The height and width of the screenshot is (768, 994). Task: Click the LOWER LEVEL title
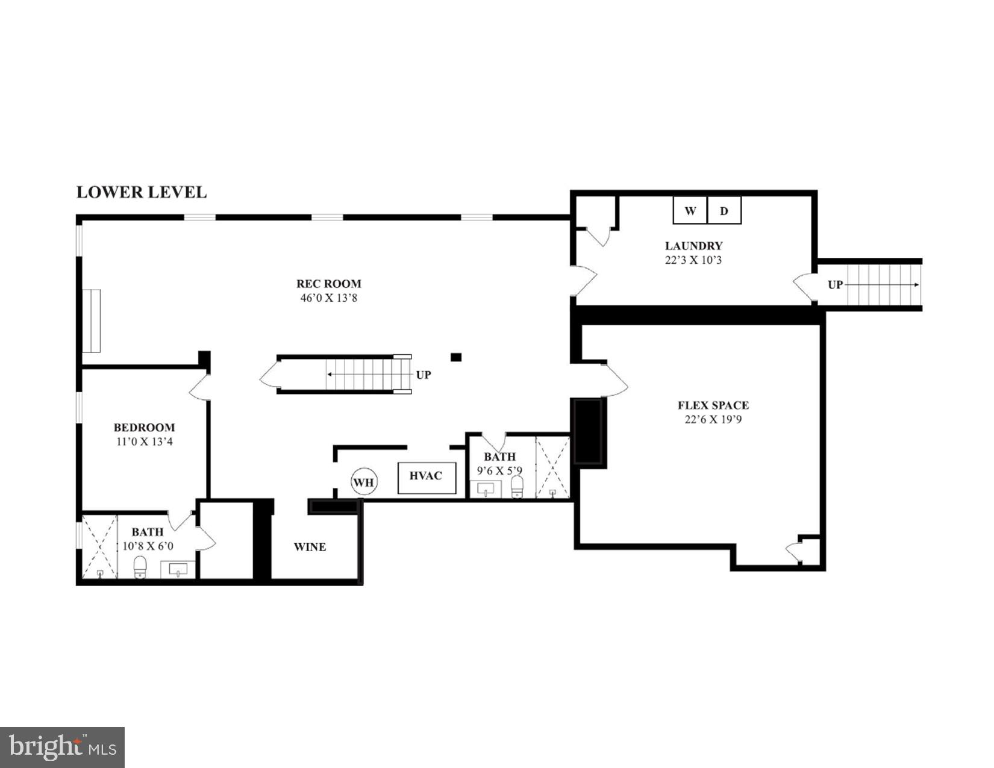pos(141,192)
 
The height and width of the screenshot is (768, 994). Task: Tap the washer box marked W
pos(690,211)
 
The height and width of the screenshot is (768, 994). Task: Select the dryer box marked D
pos(724,211)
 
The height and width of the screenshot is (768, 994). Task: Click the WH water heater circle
pos(364,482)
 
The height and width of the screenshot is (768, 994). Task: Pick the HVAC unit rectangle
pos(426,476)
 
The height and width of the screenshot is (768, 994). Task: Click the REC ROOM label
pos(328,284)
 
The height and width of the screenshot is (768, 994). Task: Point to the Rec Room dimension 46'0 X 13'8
pos(328,298)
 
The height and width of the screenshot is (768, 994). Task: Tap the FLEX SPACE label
pos(713,405)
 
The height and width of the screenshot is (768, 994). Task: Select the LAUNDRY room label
pos(693,246)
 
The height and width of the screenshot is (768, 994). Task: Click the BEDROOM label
pos(144,428)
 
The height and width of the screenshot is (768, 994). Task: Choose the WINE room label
pos(310,547)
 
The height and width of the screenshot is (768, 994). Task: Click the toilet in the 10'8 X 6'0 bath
pos(140,567)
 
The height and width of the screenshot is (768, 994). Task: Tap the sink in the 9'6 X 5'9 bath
pos(486,489)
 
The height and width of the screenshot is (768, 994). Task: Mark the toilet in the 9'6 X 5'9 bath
pos(517,486)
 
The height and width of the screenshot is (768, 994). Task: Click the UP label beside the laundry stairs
pos(835,285)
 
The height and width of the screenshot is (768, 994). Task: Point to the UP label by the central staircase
pos(424,375)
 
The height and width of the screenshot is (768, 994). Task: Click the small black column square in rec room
pos(456,357)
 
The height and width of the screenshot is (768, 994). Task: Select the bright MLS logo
pos(62,748)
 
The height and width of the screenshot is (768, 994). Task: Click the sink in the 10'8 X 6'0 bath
pos(178,569)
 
